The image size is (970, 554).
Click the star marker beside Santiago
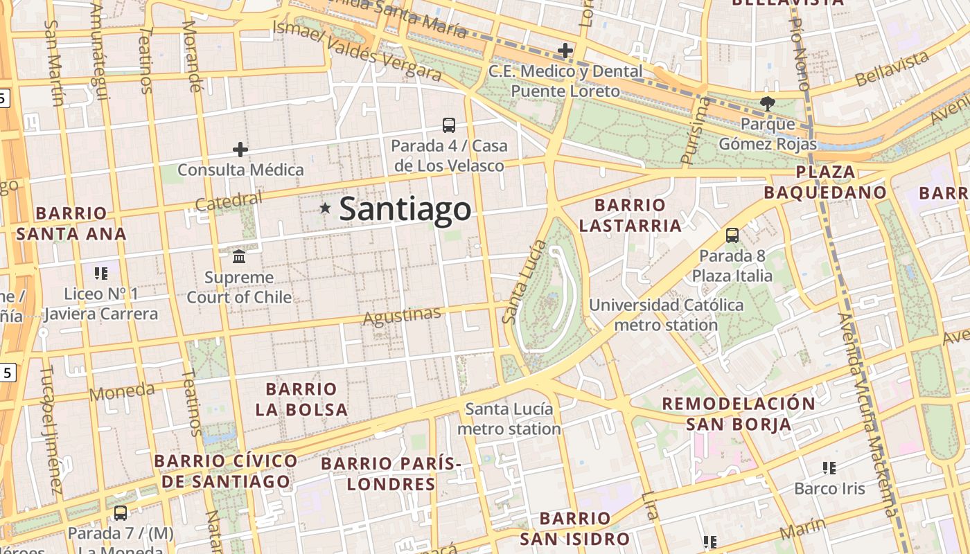tap(325, 208)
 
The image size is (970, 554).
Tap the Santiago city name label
tap(405, 209)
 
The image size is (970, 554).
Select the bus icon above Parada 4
tap(449, 125)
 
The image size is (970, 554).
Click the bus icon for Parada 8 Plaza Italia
tap(732, 235)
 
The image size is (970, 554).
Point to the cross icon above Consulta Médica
tap(240, 149)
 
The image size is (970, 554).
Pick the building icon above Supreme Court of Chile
tap(240, 257)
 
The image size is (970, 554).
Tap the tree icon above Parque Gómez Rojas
tap(767, 104)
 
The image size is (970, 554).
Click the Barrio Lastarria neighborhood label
tap(630, 215)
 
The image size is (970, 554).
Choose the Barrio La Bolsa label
tap(301, 399)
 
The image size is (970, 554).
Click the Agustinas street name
tap(403, 316)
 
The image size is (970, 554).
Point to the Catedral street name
tap(229, 202)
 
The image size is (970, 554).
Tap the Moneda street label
tap(122, 392)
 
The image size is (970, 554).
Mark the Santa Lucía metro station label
tap(509, 419)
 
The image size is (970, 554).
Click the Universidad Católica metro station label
tap(666, 315)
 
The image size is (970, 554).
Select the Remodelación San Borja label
tap(739, 413)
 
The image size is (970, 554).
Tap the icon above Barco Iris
tap(829, 468)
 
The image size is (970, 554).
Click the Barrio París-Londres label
tap(391, 474)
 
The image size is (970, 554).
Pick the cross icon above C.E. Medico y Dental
tap(565, 50)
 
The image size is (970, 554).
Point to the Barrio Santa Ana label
tap(71, 223)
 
